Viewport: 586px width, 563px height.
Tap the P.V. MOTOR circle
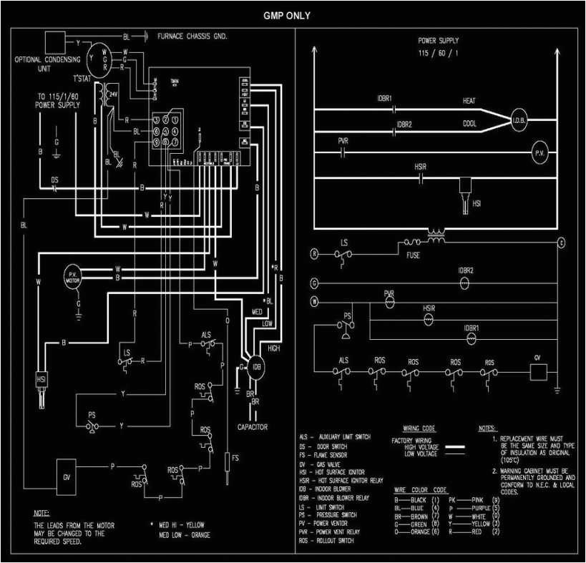[x=72, y=276]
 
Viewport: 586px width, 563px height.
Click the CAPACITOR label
[x=252, y=427]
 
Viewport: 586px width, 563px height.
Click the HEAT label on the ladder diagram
[x=469, y=102]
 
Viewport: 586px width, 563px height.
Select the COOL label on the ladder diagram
[x=469, y=124]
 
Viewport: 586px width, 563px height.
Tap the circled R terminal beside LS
[x=314, y=253]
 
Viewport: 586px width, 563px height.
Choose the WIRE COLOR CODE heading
[x=420, y=489]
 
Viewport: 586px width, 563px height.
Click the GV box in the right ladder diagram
[x=538, y=371]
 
